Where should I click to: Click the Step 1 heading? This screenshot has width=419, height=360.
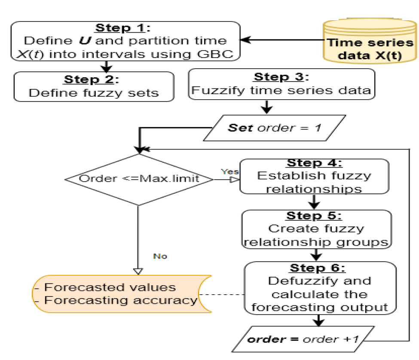tap(122, 28)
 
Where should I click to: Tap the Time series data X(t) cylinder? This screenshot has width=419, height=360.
tap(370, 41)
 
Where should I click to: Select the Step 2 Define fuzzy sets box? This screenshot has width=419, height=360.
tap(94, 86)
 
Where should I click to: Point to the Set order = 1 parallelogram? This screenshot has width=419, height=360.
tap(275, 128)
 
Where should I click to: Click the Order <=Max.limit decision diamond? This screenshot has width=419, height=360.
tap(139, 180)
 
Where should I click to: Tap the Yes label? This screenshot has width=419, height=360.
tap(230, 171)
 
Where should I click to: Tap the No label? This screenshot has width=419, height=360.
tap(160, 256)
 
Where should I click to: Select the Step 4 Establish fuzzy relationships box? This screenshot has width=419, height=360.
tap(314, 176)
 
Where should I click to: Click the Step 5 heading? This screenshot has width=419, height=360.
tap(314, 216)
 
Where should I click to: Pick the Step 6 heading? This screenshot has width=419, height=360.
tap(318, 268)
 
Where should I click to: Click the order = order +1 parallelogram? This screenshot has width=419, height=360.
tap(303, 339)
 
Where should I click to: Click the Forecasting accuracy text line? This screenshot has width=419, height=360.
tap(116, 300)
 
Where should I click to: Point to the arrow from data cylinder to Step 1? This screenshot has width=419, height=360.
tap(282, 40)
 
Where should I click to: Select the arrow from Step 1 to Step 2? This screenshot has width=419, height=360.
tap(106, 67)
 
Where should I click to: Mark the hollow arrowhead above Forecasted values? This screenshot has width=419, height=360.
tap(138, 272)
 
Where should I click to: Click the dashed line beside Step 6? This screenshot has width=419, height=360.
tap(221, 295)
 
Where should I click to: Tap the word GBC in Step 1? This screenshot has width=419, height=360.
tap(215, 54)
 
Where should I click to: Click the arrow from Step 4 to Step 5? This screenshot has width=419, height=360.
tap(314, 202)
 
